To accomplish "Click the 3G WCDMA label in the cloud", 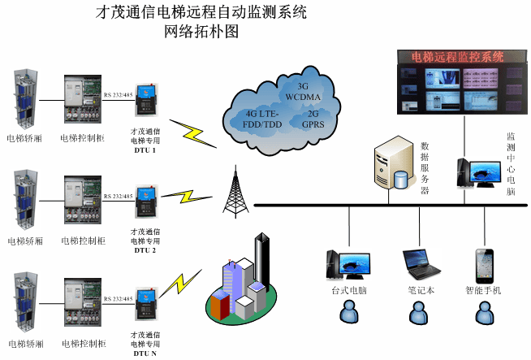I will tap(304, 92).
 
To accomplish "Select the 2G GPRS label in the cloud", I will tap(313, 119).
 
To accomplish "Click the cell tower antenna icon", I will tap(235, 191).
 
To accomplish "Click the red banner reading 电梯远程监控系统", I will tap(459, 57).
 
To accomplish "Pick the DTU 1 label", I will tap(145, 150).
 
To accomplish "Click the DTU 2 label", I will tap(145, 250).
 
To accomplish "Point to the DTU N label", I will tap(145, 353).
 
